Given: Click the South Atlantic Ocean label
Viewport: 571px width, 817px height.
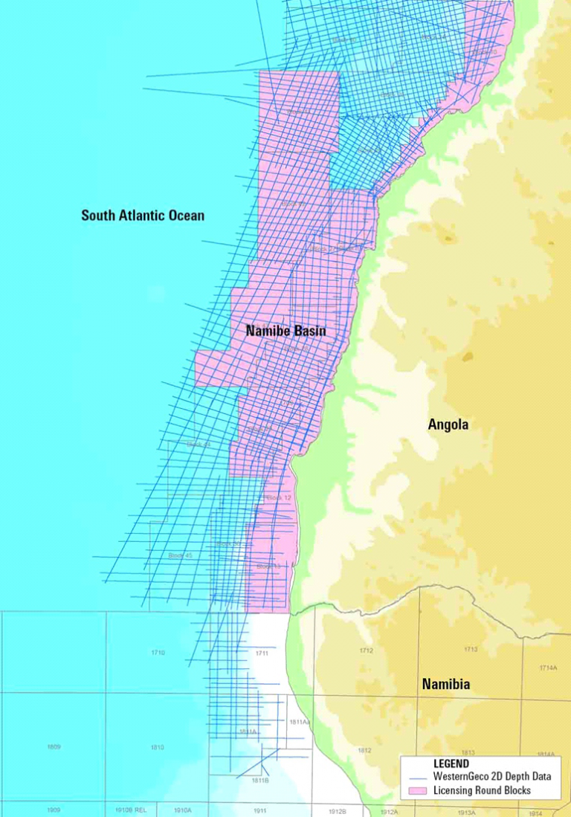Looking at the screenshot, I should (x=143, y=216).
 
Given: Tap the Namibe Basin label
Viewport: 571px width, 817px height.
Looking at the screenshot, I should (x=285, y=331).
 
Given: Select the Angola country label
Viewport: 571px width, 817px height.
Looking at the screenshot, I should (x=448, y=424).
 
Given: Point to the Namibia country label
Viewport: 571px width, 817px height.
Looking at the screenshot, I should (x=446, y=684).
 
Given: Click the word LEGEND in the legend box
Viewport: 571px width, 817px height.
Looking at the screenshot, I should (x=451, y=763).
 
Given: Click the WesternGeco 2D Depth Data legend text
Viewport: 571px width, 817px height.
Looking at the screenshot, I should (x=492, y=777).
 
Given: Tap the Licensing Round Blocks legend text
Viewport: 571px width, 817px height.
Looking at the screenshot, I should (x=482, y=790).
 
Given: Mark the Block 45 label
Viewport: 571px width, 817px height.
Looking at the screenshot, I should (x=180, y=555).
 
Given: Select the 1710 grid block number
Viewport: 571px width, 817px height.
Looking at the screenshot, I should (x=158, y=653).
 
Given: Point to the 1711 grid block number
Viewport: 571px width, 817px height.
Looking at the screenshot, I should (x=261, y=653).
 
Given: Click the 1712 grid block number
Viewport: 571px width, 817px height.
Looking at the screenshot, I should (x=366, y=651).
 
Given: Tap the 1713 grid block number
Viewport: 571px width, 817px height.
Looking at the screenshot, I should (x=471, y=650).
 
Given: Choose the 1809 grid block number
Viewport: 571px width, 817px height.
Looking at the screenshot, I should (x=54, y=746).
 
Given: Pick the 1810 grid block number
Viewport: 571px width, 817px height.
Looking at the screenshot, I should (x=158, y=747).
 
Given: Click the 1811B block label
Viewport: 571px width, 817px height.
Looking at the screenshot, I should (x=259, y=781).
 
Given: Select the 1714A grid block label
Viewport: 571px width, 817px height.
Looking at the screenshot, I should (x=549, y=668).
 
